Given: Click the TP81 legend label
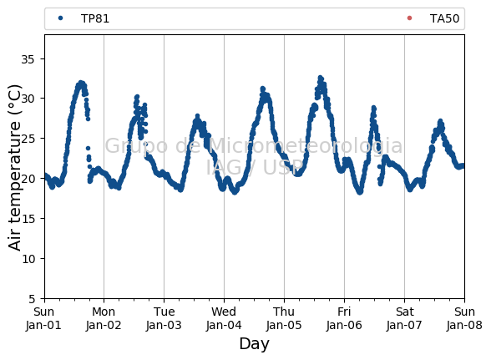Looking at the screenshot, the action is pyautogui.click(x=95, y=19).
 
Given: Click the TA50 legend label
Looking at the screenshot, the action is pyautogui.click(x=444, y=19).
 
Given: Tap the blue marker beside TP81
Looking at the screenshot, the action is pyautogui.click(x=60, y=18).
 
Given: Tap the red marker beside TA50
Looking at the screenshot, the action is pyautogui.click(x=409, y=18).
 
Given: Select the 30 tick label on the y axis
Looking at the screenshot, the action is pyautogui.click(x=28, y=99).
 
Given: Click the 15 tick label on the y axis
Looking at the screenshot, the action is pyautogui.click(x=28, y=219).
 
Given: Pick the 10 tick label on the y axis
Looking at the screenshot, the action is pyautogui.click(x=28, y=259).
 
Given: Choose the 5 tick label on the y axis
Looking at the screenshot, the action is pyautogui.click(x=32, y=299).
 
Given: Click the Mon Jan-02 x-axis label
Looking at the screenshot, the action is pyautogui.click(x=104, y=318).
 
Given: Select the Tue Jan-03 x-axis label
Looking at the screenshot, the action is pyautogui.click(x=164, y=318).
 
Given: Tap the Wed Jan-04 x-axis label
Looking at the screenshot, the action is pyautogui.click(x=224, y=318).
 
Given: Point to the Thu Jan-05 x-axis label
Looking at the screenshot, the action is pyautogui.click(x=284, y=318).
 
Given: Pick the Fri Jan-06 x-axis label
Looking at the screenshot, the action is pyautogui.click(x=344, y=318).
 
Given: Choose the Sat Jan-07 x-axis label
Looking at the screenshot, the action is pyautogui.click(x=404, y=318).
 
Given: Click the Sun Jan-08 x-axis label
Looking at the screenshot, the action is pyautogui.click(x=464, y=318).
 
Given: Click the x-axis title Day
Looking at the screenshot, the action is pyautogui.click(x=254, y=344).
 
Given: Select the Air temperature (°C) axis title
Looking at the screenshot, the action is pyautogui.click(x=15, y=167).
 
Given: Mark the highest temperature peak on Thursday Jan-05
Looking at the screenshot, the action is pyautogui.click(x=320, y=77).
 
